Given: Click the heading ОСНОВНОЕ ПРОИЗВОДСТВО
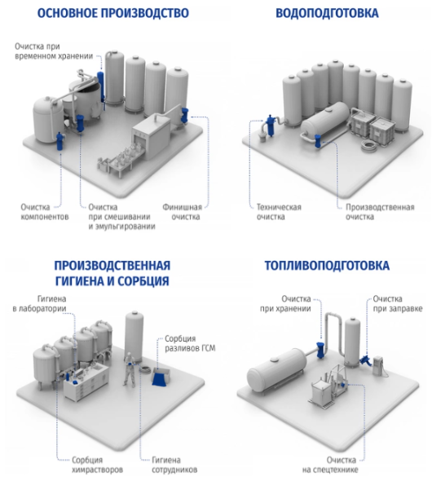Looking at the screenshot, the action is (x=112, y=13).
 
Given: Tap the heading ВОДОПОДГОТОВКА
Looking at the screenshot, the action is (x=327, y=13).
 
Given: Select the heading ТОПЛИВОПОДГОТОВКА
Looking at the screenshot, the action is (x=327, y=266).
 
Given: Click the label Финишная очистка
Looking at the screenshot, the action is (x=183, y=212).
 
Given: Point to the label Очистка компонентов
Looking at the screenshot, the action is (x=45, y=212).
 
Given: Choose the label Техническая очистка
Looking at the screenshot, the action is (x=279, y=212).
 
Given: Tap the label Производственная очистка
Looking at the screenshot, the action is (x=380, y=212).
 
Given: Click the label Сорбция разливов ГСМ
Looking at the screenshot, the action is (x=190, y=343).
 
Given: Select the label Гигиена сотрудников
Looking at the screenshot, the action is (x=174, y=465).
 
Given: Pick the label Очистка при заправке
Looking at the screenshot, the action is (x=398, y=304).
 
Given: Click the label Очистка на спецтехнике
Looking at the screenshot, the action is (x=330, y=465).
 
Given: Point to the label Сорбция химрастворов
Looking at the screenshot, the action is (x=97, y=465).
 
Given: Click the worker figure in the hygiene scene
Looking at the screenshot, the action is (x=129, y=368).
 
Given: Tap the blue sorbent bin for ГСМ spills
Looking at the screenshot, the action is (x=160, y=377).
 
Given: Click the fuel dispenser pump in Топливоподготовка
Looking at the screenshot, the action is (x=377, y=365).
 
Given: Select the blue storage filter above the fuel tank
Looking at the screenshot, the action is (x=320, y=348).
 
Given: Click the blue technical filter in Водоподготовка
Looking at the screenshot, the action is (x=271, y=125).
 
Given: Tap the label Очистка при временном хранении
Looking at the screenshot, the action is (x=54, y=51).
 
